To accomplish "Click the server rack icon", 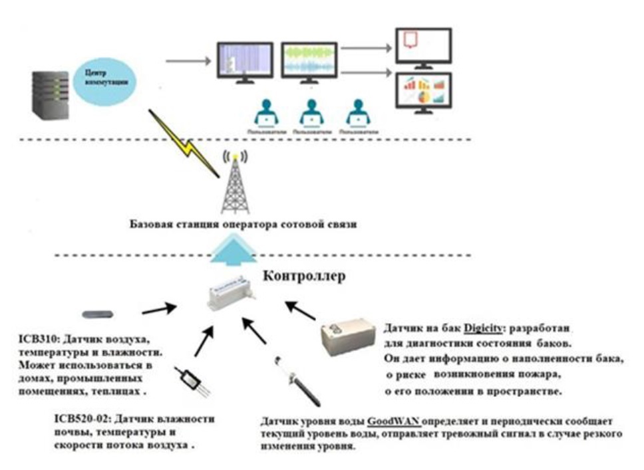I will pos(50,95).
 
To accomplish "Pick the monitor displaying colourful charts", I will pos(423,92).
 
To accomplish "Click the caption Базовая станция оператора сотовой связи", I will pos(243,225).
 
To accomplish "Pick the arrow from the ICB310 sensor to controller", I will pos(158,308).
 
